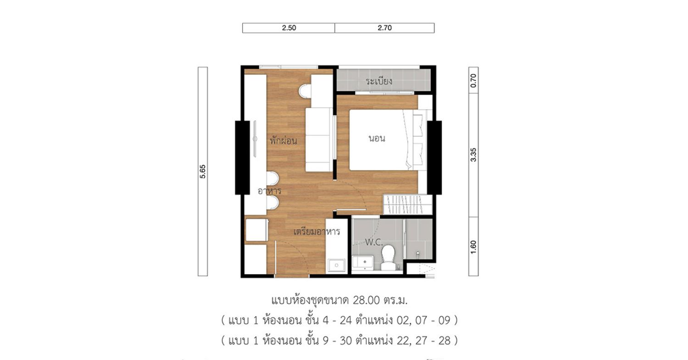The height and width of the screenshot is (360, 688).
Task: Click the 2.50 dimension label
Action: click(x=289, y=28)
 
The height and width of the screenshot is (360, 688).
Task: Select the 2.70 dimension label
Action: click(x=384, y=28)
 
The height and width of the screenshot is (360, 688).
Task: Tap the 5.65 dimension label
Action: click(x=203, y=172)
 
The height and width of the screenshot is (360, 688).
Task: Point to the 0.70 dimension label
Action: click(x=473, y=80)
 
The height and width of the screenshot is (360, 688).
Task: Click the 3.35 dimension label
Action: click(x=473, y=155)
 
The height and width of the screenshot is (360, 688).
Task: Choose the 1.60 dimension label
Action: click(x=473, y=247)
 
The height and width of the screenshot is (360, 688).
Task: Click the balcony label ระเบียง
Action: click(x=379, y=81)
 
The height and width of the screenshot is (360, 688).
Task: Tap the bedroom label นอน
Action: click(x=377, y=138)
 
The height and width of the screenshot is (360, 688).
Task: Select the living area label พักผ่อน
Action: click(x=283, y=141)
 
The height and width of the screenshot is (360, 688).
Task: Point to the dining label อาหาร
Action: click(x=269, y=191)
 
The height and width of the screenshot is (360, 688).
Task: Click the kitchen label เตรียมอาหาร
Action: click(x=316, y=231)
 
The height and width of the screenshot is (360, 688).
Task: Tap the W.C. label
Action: click(x=374, y=242)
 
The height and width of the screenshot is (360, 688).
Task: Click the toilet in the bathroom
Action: click(x=388, y=257)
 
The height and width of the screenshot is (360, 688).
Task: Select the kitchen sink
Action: click(x=336, y=266)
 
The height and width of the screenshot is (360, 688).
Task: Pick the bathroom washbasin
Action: click(x=363, y=263)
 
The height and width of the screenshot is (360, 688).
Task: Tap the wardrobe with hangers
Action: click(x=407, y=204)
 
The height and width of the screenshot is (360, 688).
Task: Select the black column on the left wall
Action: click(x=242, y=158)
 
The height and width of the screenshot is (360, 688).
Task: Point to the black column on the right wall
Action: click(x=434, y=158)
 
